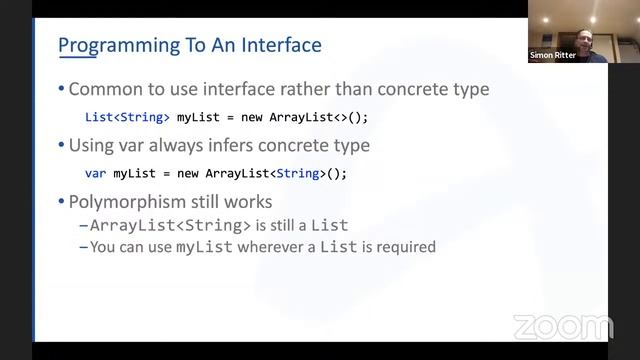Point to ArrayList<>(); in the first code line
tap(319, 117)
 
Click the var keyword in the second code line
tap(95, 173)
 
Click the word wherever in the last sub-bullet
tap(264, 246)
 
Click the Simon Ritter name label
tap(553, 56)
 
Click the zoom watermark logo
tap(562, 327)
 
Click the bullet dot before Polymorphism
tap(61, 202)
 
